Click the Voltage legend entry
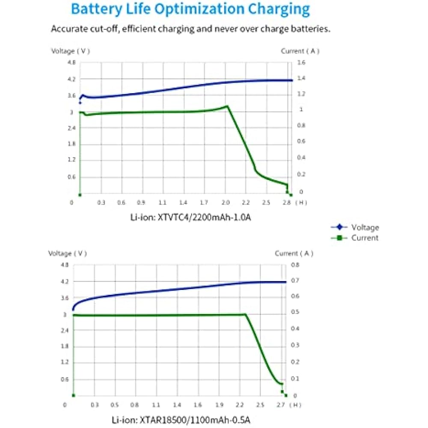coord(365,228)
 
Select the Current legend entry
coord(365,238)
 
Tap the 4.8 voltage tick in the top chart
coord(71,63)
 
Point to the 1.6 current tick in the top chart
coord(302,63)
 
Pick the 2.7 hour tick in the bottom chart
coord(281,404)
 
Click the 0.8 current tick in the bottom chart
coord(296,265)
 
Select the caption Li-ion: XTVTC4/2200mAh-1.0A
coord(190,217)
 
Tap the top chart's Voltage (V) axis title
coord(71,51)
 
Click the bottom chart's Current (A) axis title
coord(294,253)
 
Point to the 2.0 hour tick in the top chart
coord(226,202)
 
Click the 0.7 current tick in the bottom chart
coord(296,281)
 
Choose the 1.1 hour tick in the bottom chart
coord(156,404)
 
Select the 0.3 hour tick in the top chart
coord(101,202)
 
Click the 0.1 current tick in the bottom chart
coord(296,379)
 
